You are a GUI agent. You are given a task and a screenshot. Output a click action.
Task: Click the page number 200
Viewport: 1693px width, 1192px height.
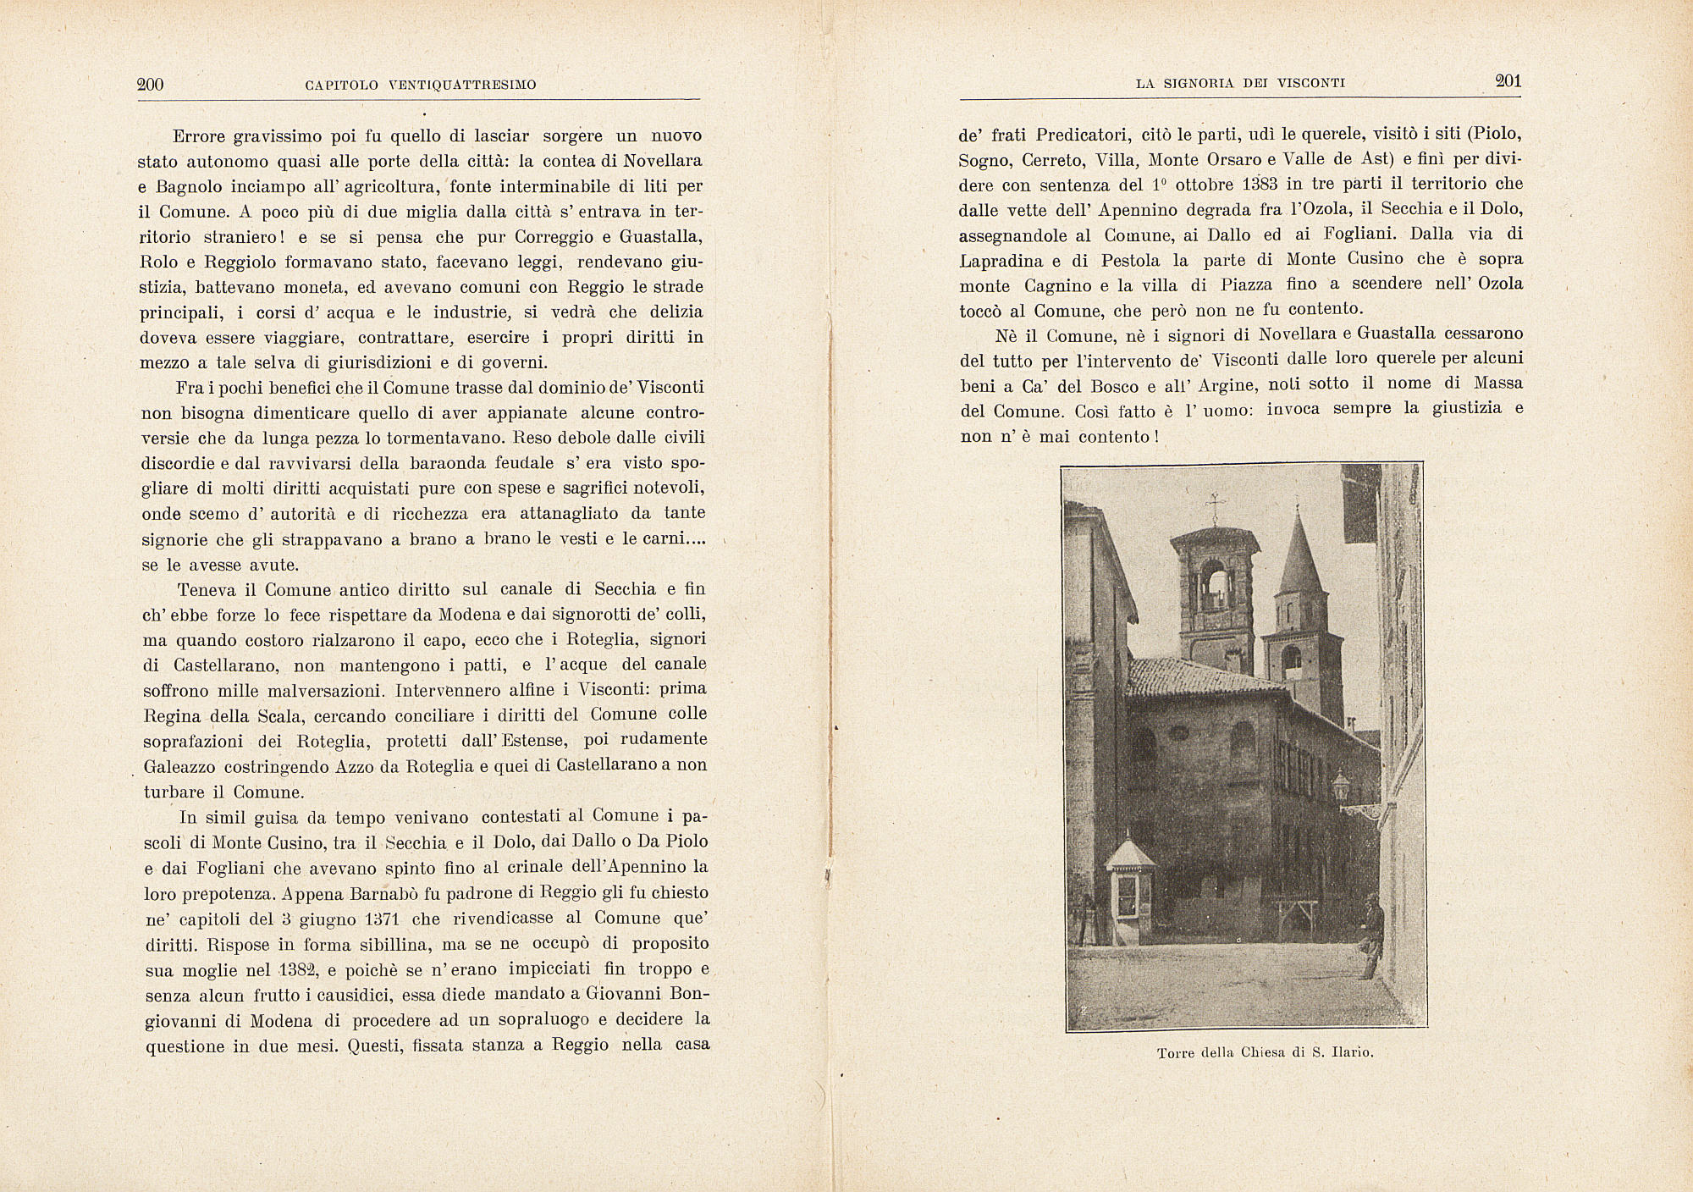pyautogui.click(x=150, y=84)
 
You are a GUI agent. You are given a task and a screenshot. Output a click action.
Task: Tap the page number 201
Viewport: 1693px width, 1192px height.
pyautogui.click(x=1508, y=81)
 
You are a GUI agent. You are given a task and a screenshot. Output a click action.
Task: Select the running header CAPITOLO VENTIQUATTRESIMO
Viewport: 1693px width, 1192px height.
pyautogui.click(x=420, y=85)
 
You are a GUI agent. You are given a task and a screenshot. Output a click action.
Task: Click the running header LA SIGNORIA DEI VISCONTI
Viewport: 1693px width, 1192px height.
pyautogui.click(x=1240, y=83)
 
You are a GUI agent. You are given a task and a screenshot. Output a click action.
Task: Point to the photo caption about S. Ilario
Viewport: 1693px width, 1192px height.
pyautogui.click(x=1264, y=1054)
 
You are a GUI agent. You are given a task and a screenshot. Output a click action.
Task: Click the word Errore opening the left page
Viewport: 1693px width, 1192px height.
pyautogui.click(x=201, y=136)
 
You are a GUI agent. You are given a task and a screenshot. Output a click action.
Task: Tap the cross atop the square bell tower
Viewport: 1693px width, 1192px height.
pyautogui.click(x=1216, y=506)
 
